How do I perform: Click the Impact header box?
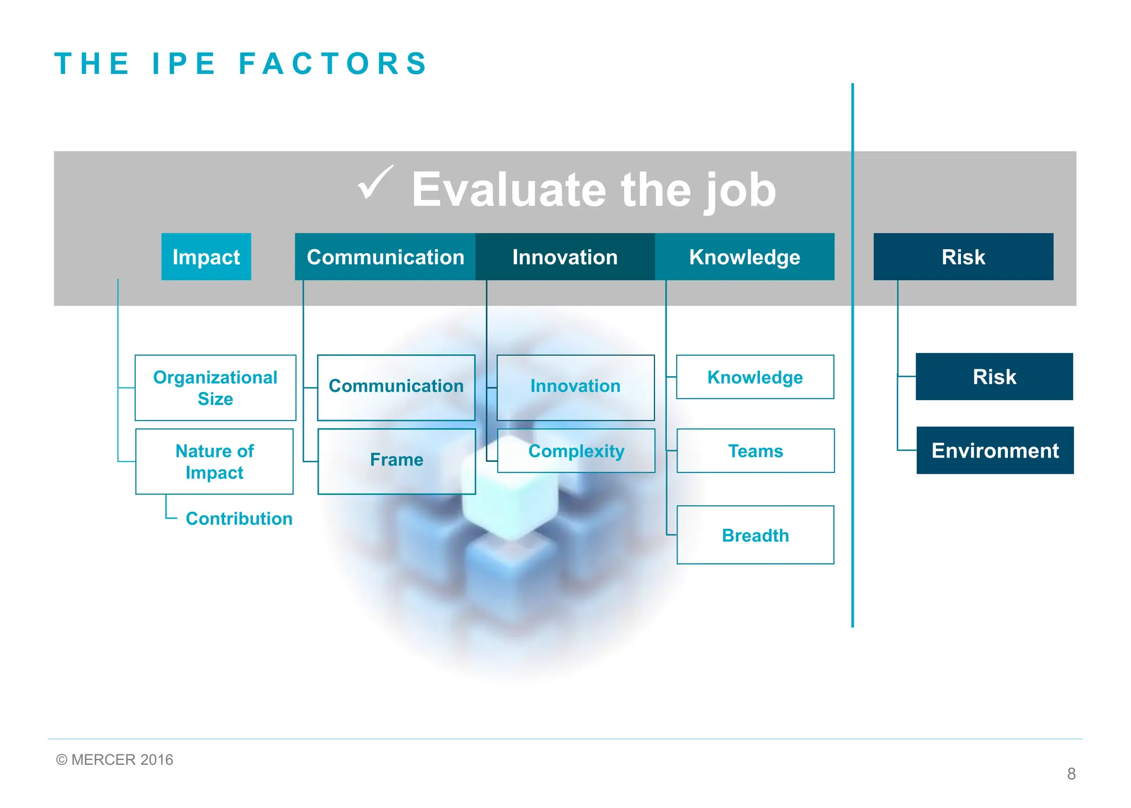(x=206, y=256)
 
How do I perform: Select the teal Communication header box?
(x=385, y=256)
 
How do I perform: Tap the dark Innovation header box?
(x=564, y=256)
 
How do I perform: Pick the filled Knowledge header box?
(x=744, y=256)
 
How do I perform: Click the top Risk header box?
(x=963, y=256)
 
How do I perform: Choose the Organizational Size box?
(x=215, y=387)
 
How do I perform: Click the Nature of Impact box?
(x=214, y=461)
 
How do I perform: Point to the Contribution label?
(x=239, y=518)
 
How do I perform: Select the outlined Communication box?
(x=396, y=387)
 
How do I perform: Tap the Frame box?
(x=396, y=460)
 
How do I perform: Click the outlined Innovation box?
(x=575, y=387)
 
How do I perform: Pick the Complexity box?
(x=575, y=450)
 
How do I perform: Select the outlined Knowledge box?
(x=754, y=377)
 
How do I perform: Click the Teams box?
(x=755, y=450)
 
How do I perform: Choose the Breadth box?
(x=755, y=534)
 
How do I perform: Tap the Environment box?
(x=995, y=450)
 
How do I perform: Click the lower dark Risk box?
(x=993, y=376)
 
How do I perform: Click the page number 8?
(x=1071, y=774)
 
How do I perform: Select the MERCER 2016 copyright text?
(x=115, y=759)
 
